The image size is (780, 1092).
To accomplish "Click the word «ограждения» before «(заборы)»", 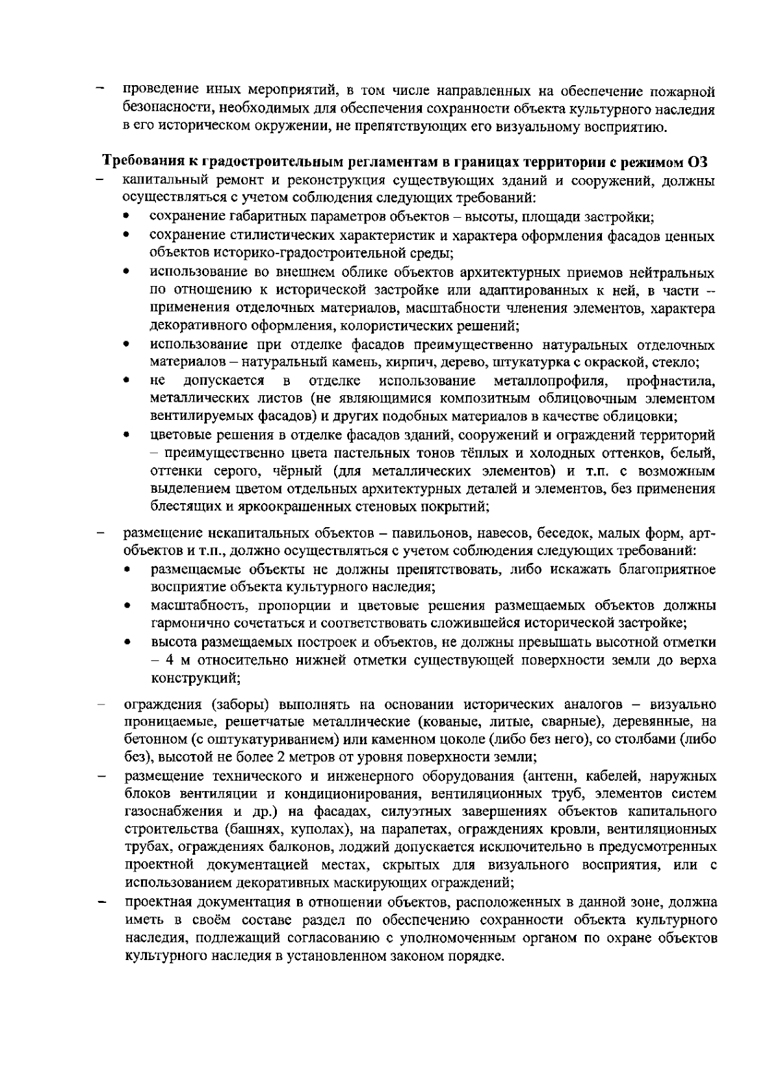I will tap(161, 705).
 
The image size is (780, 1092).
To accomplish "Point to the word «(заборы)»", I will tap(239, 705).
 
